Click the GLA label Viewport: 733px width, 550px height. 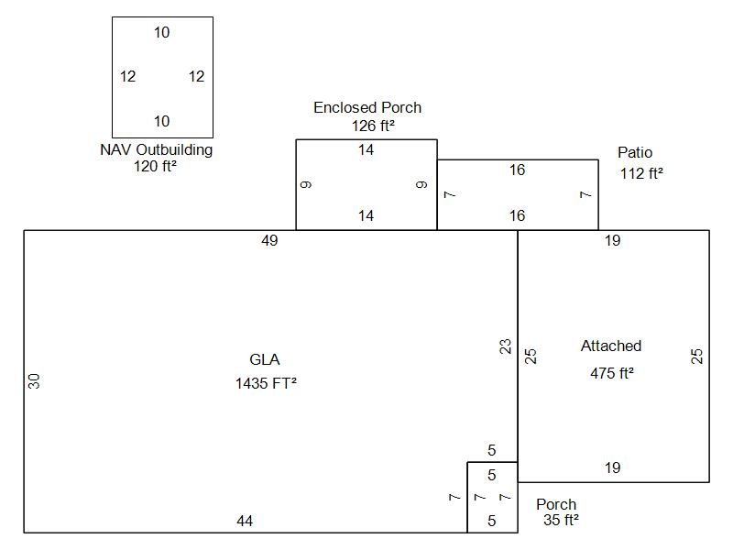click(x=265, y=360)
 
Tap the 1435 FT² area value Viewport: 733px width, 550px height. click(x=266, y=384)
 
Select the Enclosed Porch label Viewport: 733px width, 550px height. click(x=367, y=107)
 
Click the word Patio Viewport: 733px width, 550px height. click(x=635, y=152)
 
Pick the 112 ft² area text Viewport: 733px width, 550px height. click(x=641, y=172)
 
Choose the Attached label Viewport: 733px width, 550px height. click(x=611, y=346)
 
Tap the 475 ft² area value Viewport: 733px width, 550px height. click(x=612, y=373)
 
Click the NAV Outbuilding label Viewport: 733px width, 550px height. click(x=156, y=149)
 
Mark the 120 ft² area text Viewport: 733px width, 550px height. click(x=155, y=166)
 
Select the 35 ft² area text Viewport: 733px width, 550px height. click(x=561, y=521)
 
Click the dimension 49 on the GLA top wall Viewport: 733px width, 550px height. click(x=269, y=241)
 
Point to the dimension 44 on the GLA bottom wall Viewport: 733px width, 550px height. click(x=245, y=522)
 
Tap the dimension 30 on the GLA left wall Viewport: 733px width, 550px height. click(x=35, y=380)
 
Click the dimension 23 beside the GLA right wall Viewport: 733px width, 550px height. click(x=505, y=346)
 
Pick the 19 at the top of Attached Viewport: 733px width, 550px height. click(x=612, y=241)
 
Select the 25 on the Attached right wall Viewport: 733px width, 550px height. click(x=697, y=356)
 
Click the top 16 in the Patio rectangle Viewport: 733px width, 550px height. click(x=517, y=170)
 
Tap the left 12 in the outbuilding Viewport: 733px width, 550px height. click(x=127, y=77)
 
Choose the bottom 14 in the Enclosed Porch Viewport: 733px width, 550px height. click(x=366, y=216)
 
